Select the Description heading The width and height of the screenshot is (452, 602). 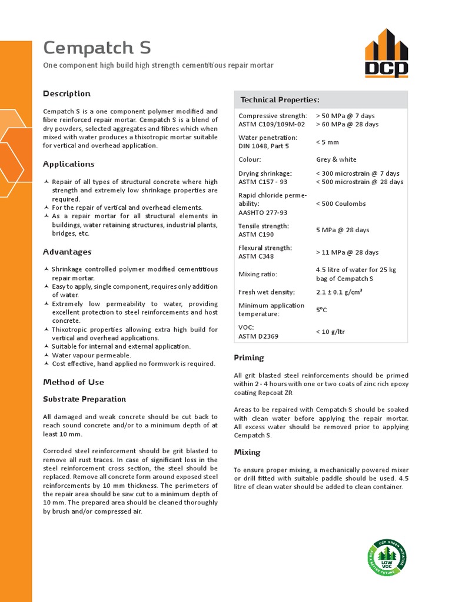67,93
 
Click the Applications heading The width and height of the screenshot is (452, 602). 68,164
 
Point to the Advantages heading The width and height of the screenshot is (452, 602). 67,252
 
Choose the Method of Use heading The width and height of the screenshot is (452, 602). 74,382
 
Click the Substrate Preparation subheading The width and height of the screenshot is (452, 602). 84,399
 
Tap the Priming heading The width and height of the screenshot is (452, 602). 249,357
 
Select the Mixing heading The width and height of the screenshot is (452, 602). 247,452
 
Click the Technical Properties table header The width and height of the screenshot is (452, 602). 280,100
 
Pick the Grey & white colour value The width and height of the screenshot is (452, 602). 336,159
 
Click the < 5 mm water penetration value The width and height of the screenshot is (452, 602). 327,142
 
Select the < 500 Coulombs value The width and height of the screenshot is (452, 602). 341,204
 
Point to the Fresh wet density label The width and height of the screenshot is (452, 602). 267,292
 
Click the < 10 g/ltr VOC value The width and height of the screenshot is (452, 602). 330,332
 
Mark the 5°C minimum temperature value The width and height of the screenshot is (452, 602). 323,309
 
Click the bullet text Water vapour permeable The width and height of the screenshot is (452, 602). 91,355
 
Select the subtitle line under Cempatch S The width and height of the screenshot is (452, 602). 158,65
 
